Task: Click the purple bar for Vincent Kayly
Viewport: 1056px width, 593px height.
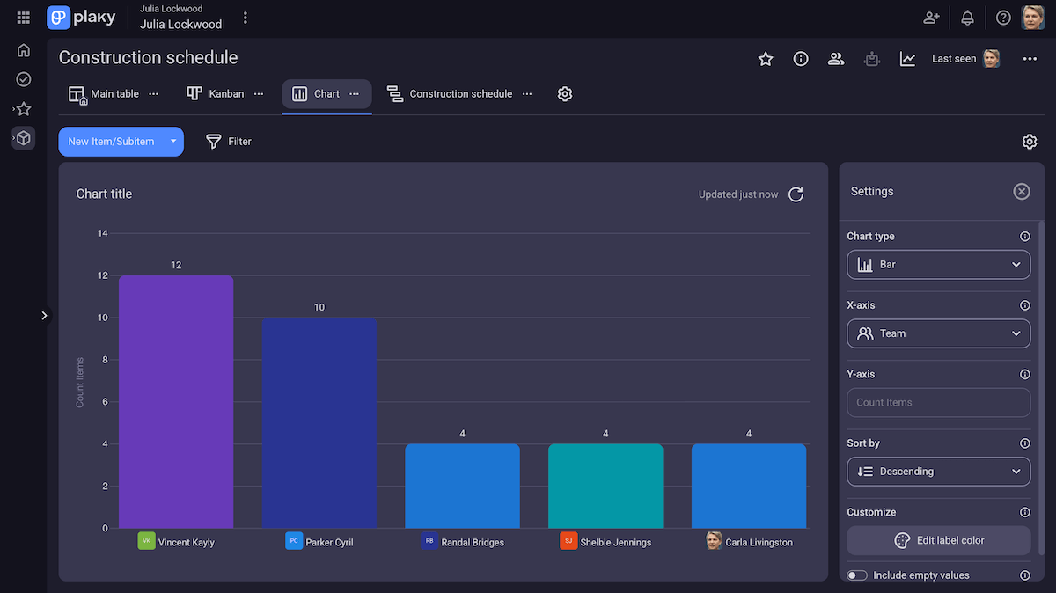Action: pos(176,402)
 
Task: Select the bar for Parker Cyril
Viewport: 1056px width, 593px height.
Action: pos(319,423)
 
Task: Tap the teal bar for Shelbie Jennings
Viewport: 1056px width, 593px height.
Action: pos(605,486)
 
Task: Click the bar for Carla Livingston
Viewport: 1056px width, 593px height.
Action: pos(748,486)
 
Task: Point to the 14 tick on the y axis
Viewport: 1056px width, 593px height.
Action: pos(103,233)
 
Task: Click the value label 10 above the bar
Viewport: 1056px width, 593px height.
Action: pos(319,307)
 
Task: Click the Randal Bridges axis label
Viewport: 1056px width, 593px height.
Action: pos(473,542)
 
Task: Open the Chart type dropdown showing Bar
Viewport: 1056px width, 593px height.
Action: pos(938,265)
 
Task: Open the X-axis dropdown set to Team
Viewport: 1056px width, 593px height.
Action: pos(938,333)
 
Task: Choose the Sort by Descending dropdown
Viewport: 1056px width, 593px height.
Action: pos(938,472)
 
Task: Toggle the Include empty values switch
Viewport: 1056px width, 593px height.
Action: pos(857,575)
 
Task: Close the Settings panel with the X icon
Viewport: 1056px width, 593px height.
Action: pos(1021,192)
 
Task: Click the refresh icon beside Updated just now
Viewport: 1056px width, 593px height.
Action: pos(796,194)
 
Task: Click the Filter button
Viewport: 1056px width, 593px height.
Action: pos(229,142)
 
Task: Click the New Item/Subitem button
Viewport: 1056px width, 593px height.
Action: pos(111,142)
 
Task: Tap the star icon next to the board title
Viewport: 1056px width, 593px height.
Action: pos(766,59)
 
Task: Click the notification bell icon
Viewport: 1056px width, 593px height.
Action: pos(967,18)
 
